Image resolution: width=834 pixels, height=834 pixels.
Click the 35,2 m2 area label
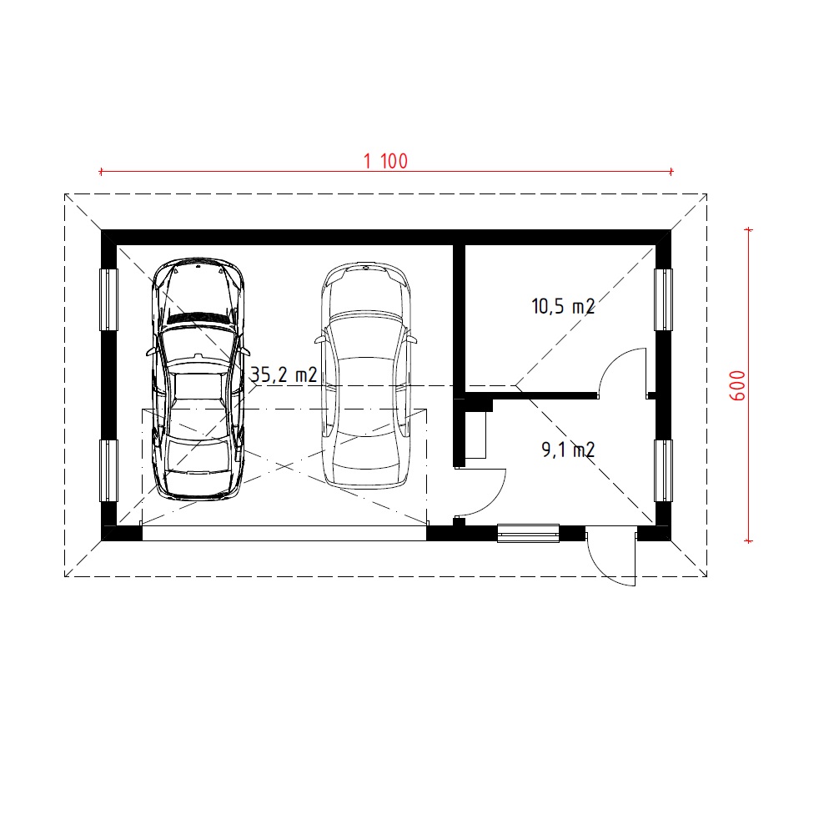point(284,375)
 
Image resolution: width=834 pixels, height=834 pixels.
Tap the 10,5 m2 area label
point(563,306)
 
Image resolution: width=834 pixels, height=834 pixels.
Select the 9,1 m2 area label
point(568,450)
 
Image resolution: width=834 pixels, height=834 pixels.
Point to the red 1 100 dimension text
point(385,161)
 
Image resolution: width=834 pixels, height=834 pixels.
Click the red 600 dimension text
point(737,385)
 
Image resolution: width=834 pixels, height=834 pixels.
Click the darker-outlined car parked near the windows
point(198,379)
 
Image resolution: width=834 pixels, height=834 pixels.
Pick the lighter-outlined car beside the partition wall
point(366,375)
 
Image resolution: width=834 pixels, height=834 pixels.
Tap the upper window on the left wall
point(109,299)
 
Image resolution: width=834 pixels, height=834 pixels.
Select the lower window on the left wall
point(109,470)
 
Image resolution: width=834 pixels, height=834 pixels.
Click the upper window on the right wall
point(663,299)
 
